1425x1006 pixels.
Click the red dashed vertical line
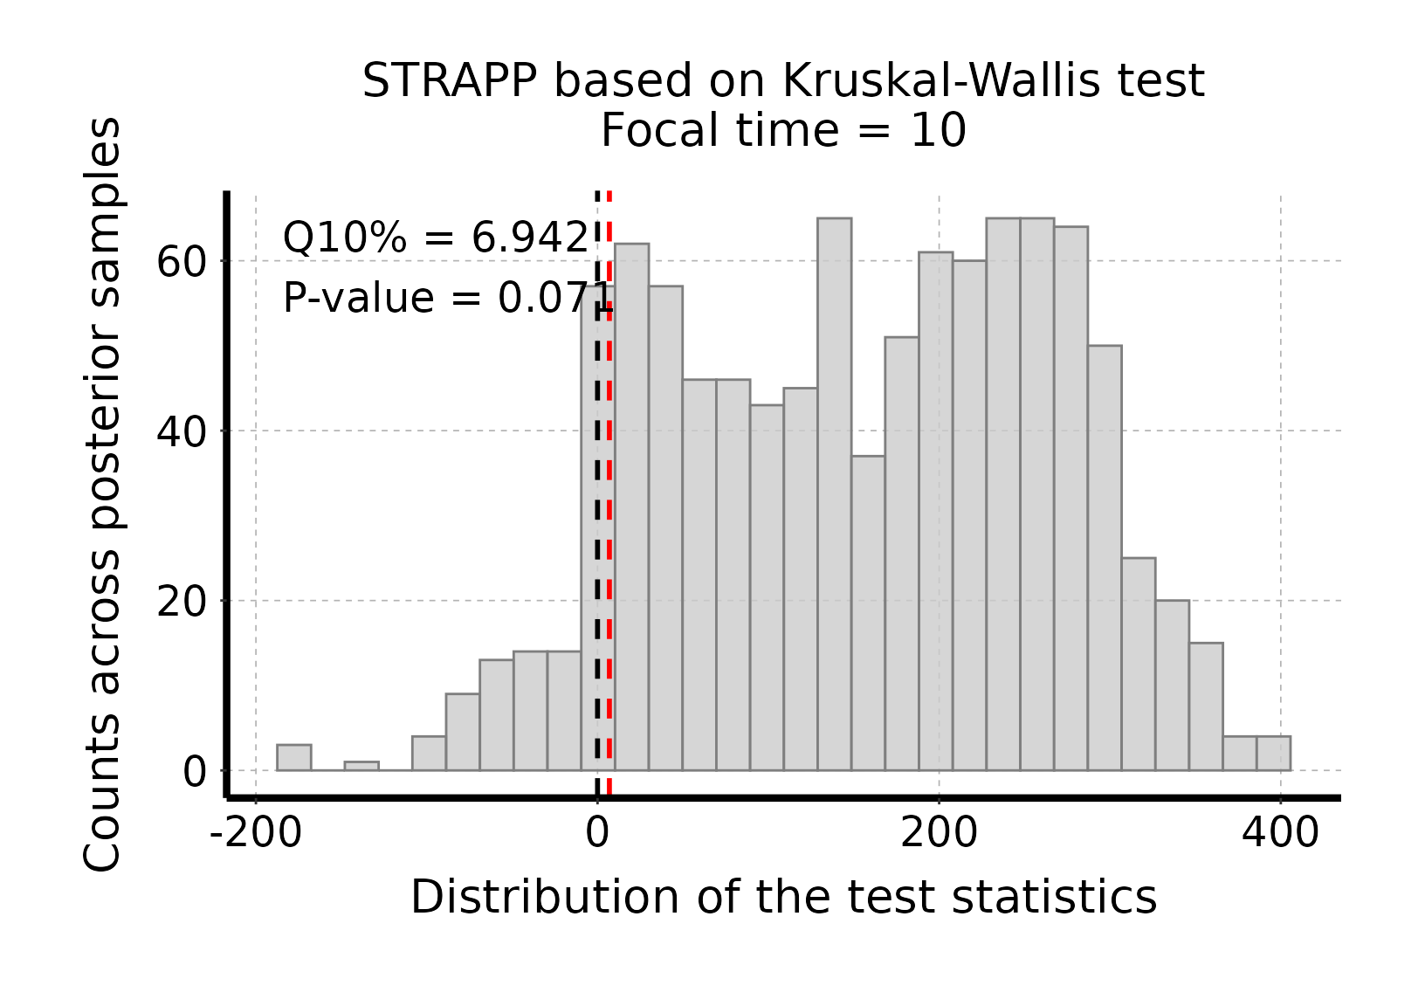pyautogui.click(x=609, y=524)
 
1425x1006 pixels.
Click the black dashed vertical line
pyautogui.click(x=598, y=524)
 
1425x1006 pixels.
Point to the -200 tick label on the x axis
pyautogui.click(x=255, y=833)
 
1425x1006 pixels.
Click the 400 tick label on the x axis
pyautogui.click(x=1280, y=833)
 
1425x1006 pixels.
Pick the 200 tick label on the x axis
pyautogui.click(x=939, y=833)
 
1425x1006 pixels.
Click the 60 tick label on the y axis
pyautogui.click(x=181, y=261)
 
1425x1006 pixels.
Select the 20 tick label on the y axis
pyautogui.click(x=181, y=601)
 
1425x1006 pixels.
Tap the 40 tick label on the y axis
pyautogui.click(x=181, y=431)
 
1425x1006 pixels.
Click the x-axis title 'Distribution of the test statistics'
pyautogui.click(x=783, y=897)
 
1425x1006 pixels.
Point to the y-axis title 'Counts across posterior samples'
pyautogui.click(x=103, y=494)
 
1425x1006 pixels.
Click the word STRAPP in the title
pyautogui.click(x=451, y=82)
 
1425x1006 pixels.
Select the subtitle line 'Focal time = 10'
pyautogui.click(x=783, y=132)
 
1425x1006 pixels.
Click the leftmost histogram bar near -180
pyautogui.click(x=294, y=758)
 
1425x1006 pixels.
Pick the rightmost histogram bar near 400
pyautogui.click(x=1273, y=754)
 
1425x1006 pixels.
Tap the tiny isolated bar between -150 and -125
pyautogui.click(x=361, y=766)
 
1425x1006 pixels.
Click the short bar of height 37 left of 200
pyautogui.click(x=868, y=611)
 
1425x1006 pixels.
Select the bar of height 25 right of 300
pyautogui.click(x=1139, y=664)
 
